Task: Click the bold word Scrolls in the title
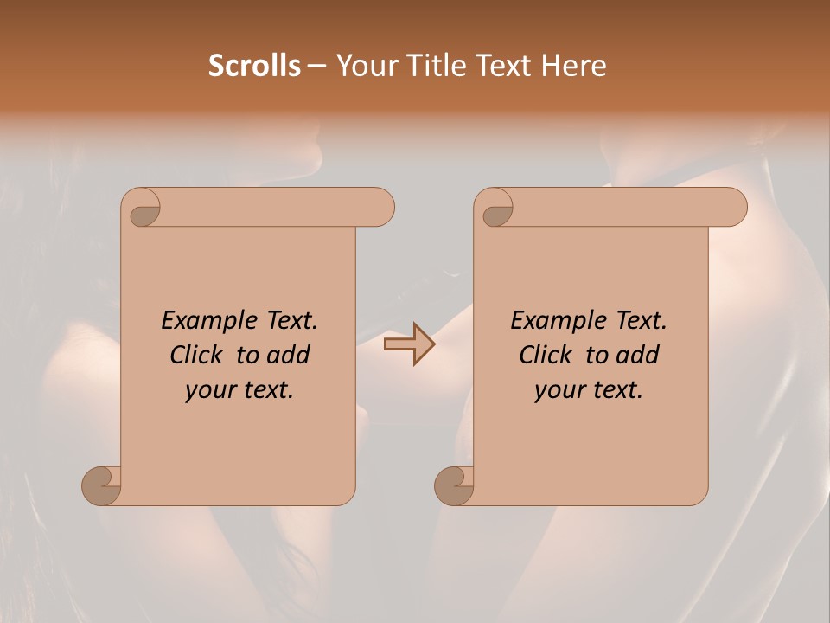(254, 65)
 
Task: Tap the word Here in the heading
(575, 65)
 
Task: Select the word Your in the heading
(360, 65)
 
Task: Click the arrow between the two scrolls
(409, 344)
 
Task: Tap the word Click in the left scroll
(196, 356)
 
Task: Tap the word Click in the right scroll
(546, 356)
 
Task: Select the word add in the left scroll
(290, 356)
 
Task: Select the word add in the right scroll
(639, 356)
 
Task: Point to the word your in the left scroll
(209, 391)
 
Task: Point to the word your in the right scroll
(559, 391)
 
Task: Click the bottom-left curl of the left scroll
(102, 485)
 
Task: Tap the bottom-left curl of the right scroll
(455, 485)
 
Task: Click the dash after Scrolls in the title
(316, 67)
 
